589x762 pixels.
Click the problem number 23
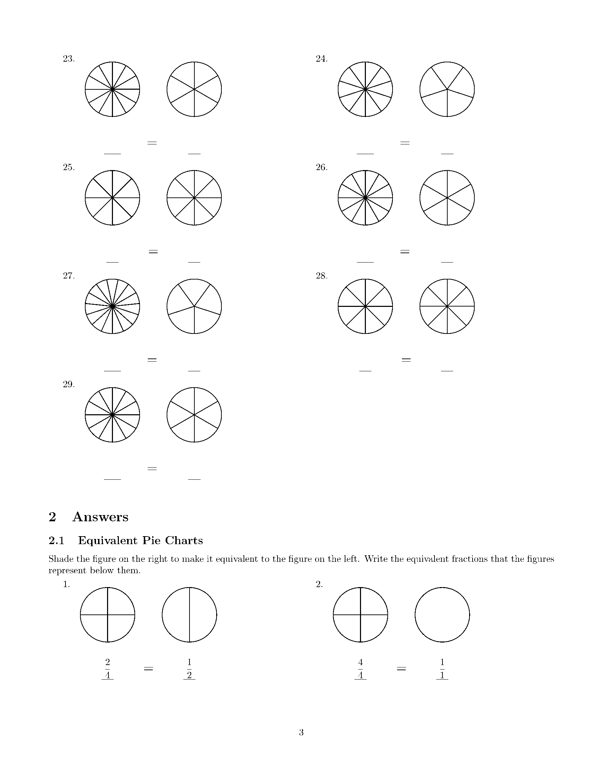69,59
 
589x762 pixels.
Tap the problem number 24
322,59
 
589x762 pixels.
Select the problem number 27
69,276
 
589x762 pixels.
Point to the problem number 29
69,384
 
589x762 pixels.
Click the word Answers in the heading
100,517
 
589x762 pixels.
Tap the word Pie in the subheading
151,540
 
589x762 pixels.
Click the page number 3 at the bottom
301,732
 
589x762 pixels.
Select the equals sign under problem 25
153,251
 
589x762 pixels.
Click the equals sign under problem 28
406,360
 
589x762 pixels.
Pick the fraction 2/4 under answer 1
107,668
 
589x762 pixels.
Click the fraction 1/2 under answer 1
189,668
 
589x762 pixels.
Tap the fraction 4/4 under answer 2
360,668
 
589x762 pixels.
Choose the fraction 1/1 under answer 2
442,668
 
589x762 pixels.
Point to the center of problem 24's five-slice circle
447,89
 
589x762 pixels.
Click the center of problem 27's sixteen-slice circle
112,306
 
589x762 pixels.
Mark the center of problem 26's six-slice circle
447,198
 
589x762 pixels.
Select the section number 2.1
56,540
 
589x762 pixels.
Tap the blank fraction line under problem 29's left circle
112,479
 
